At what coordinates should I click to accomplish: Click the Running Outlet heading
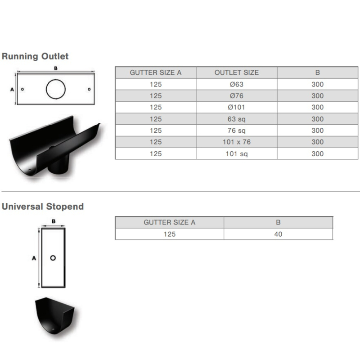[x=35, y=56]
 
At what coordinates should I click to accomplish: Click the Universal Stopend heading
[x=43, y=207]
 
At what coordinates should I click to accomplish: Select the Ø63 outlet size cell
[x=237, y=84]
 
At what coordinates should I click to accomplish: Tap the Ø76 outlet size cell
[x=237, y=96]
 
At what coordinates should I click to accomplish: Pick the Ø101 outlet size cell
[x=237, y=107]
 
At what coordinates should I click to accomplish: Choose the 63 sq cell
[x=237, y=119]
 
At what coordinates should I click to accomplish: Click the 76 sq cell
[x=237, y=130]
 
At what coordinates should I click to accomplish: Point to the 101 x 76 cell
[x=237, y=142]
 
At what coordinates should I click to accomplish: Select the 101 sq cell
[x=237, y=153]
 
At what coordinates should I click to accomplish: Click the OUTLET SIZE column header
[x=237, y=72]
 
